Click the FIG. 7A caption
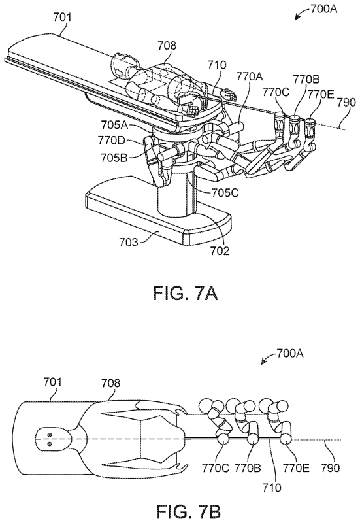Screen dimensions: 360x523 pos(186,293)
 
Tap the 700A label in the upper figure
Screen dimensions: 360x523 pos(323,9)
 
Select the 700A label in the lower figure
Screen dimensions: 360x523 pos(289,353)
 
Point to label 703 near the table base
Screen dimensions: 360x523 pos(129,241)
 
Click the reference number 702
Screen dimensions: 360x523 pos(220,250)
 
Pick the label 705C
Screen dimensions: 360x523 pos(225,193)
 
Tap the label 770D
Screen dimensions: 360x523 pos(111,141)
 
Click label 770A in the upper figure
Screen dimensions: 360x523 pos(250,77)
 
